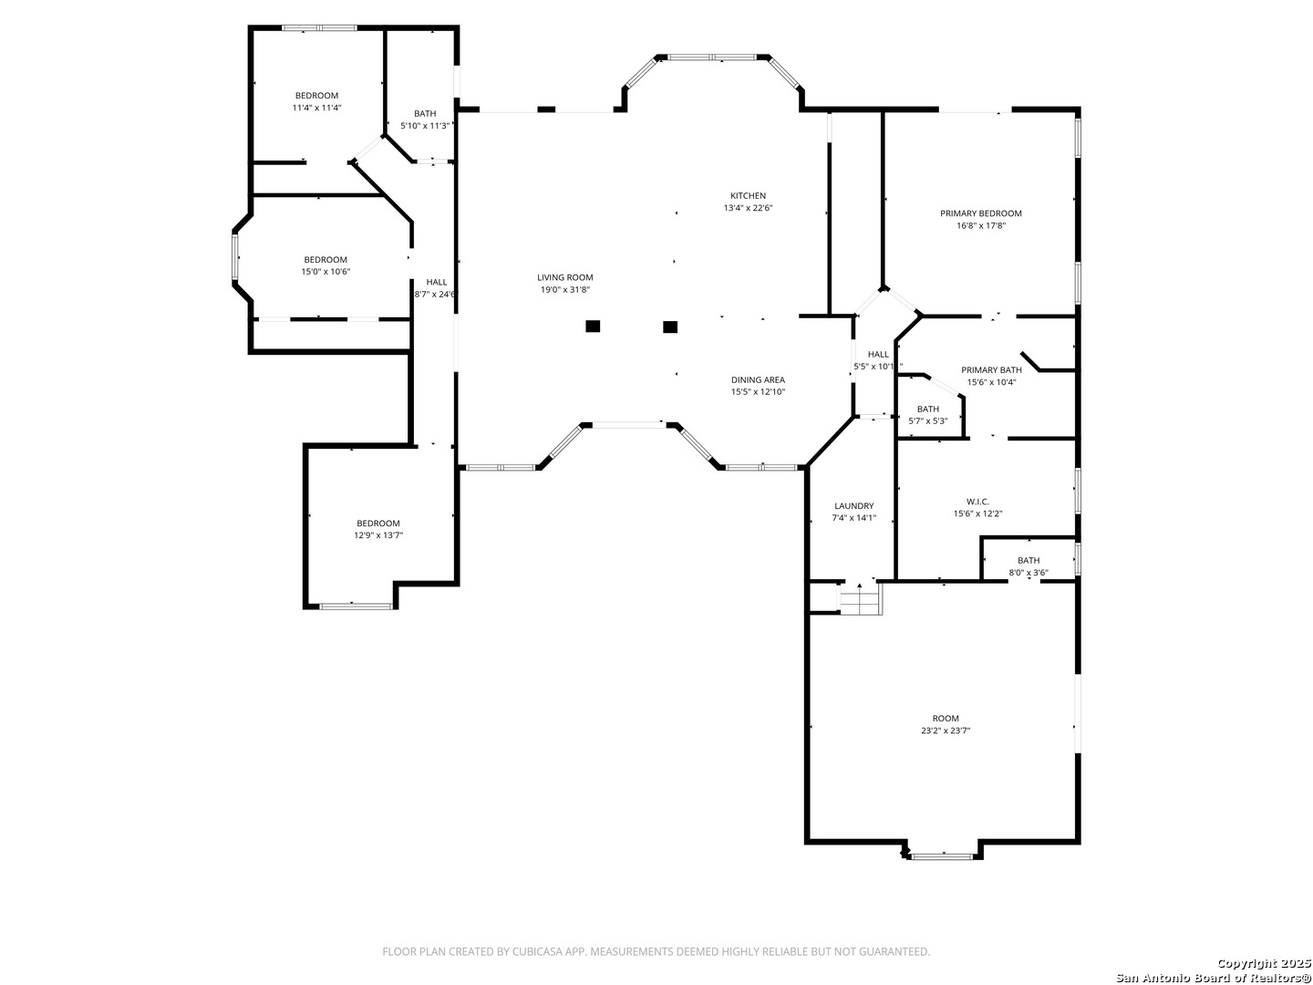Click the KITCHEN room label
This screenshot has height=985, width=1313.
pos(748,195)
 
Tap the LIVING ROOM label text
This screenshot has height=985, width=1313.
pos(564,277)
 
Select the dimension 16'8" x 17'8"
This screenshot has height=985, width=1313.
pos(981,225)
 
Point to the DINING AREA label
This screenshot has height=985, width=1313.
pos(757,379)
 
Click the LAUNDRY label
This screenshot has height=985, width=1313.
pos(853,505)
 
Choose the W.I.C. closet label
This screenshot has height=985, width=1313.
pos(977,502)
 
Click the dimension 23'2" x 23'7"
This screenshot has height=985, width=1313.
pos(945,731)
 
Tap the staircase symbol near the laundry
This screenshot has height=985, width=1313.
pos(860,600)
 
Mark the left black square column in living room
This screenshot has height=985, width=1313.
pos(593,326)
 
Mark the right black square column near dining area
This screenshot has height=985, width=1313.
pos(670,326)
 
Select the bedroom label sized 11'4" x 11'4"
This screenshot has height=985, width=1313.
pos(316,96)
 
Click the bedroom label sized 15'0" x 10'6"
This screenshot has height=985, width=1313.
pos(326,260)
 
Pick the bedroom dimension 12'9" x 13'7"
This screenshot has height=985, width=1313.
pos(378,535)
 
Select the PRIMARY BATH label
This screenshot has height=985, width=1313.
pos(991,369)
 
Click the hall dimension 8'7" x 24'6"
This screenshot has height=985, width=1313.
pos(436,295)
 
